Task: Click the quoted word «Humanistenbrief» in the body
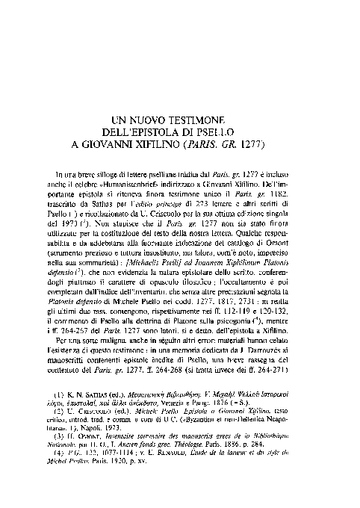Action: pos(146,183)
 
